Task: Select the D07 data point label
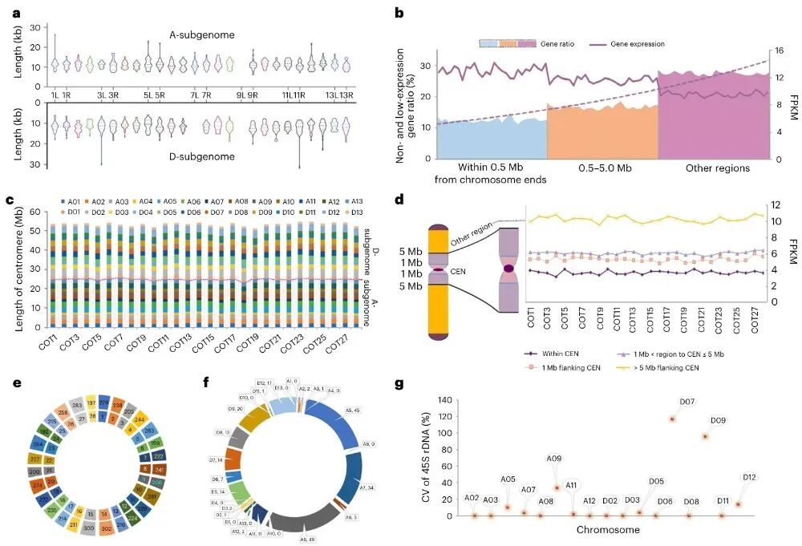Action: pyautogui.click(x=665, y=401)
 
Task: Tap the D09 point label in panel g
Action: pyautogui.click(x=719, y=420)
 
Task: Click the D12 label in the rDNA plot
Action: pyautogui.click(x=750, y=477)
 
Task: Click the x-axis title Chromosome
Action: pyautogui.click(x=608, y=530)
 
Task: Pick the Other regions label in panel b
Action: pyautogui.click(x=718, y=168)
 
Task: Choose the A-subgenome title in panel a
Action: pyautogui.click(x=202, y=34)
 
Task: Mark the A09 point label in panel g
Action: pyautogui.click(x=554, y=459)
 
